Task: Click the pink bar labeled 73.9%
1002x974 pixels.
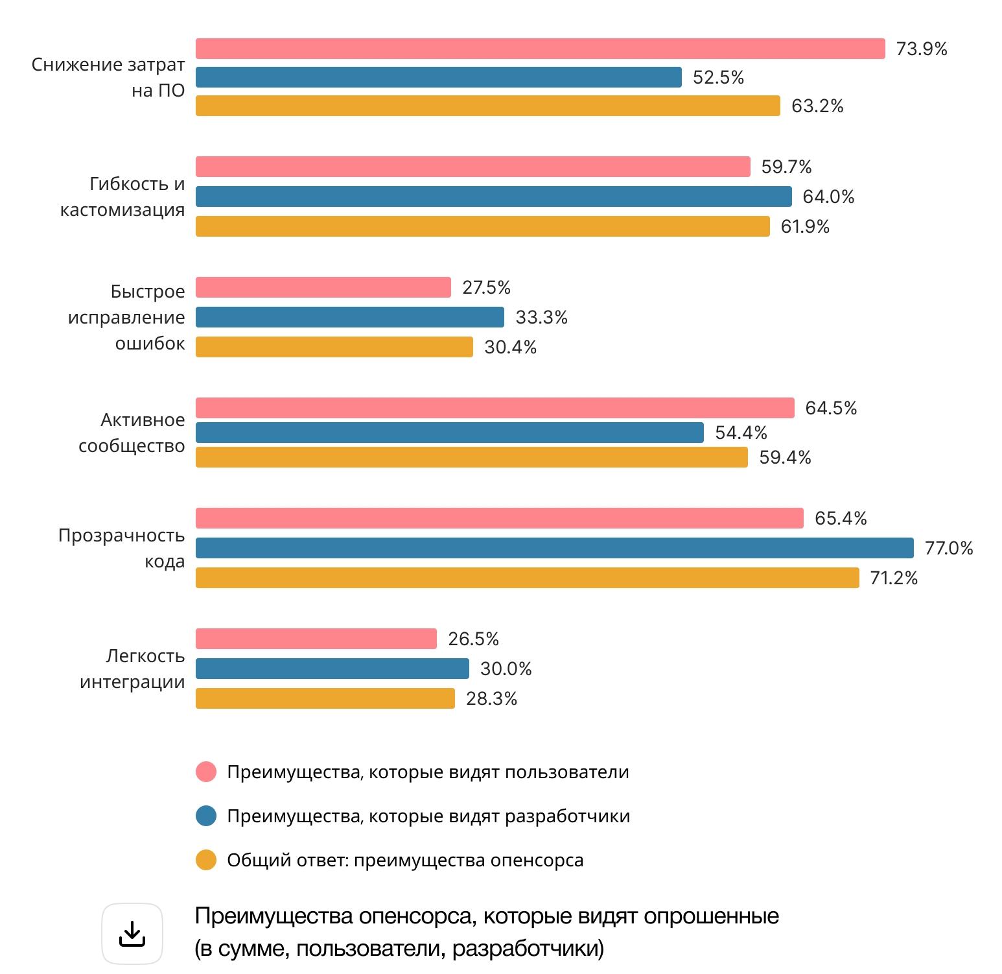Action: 540,49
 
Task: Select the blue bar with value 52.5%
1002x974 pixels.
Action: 438,77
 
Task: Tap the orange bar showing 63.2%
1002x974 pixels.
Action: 487,106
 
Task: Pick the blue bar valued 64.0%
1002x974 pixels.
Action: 493,196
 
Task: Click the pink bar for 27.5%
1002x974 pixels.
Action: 323,287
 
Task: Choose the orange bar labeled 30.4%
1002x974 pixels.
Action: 334,347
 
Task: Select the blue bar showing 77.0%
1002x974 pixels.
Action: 554,548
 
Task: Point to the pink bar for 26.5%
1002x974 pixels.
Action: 316,639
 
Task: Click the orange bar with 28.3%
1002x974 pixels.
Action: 325,698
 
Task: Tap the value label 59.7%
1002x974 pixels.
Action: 786,167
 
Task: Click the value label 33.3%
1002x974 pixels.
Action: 541,317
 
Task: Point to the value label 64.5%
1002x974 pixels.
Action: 831,408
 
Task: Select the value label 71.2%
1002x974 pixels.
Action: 894,578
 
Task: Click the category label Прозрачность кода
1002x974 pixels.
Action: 122,548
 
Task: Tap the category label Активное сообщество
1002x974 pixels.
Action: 132,433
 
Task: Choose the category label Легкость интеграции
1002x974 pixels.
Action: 133,669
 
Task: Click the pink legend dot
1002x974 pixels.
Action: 206,772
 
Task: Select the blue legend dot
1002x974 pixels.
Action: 206,816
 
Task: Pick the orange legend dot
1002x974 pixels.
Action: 206,860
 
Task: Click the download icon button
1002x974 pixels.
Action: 132,934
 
